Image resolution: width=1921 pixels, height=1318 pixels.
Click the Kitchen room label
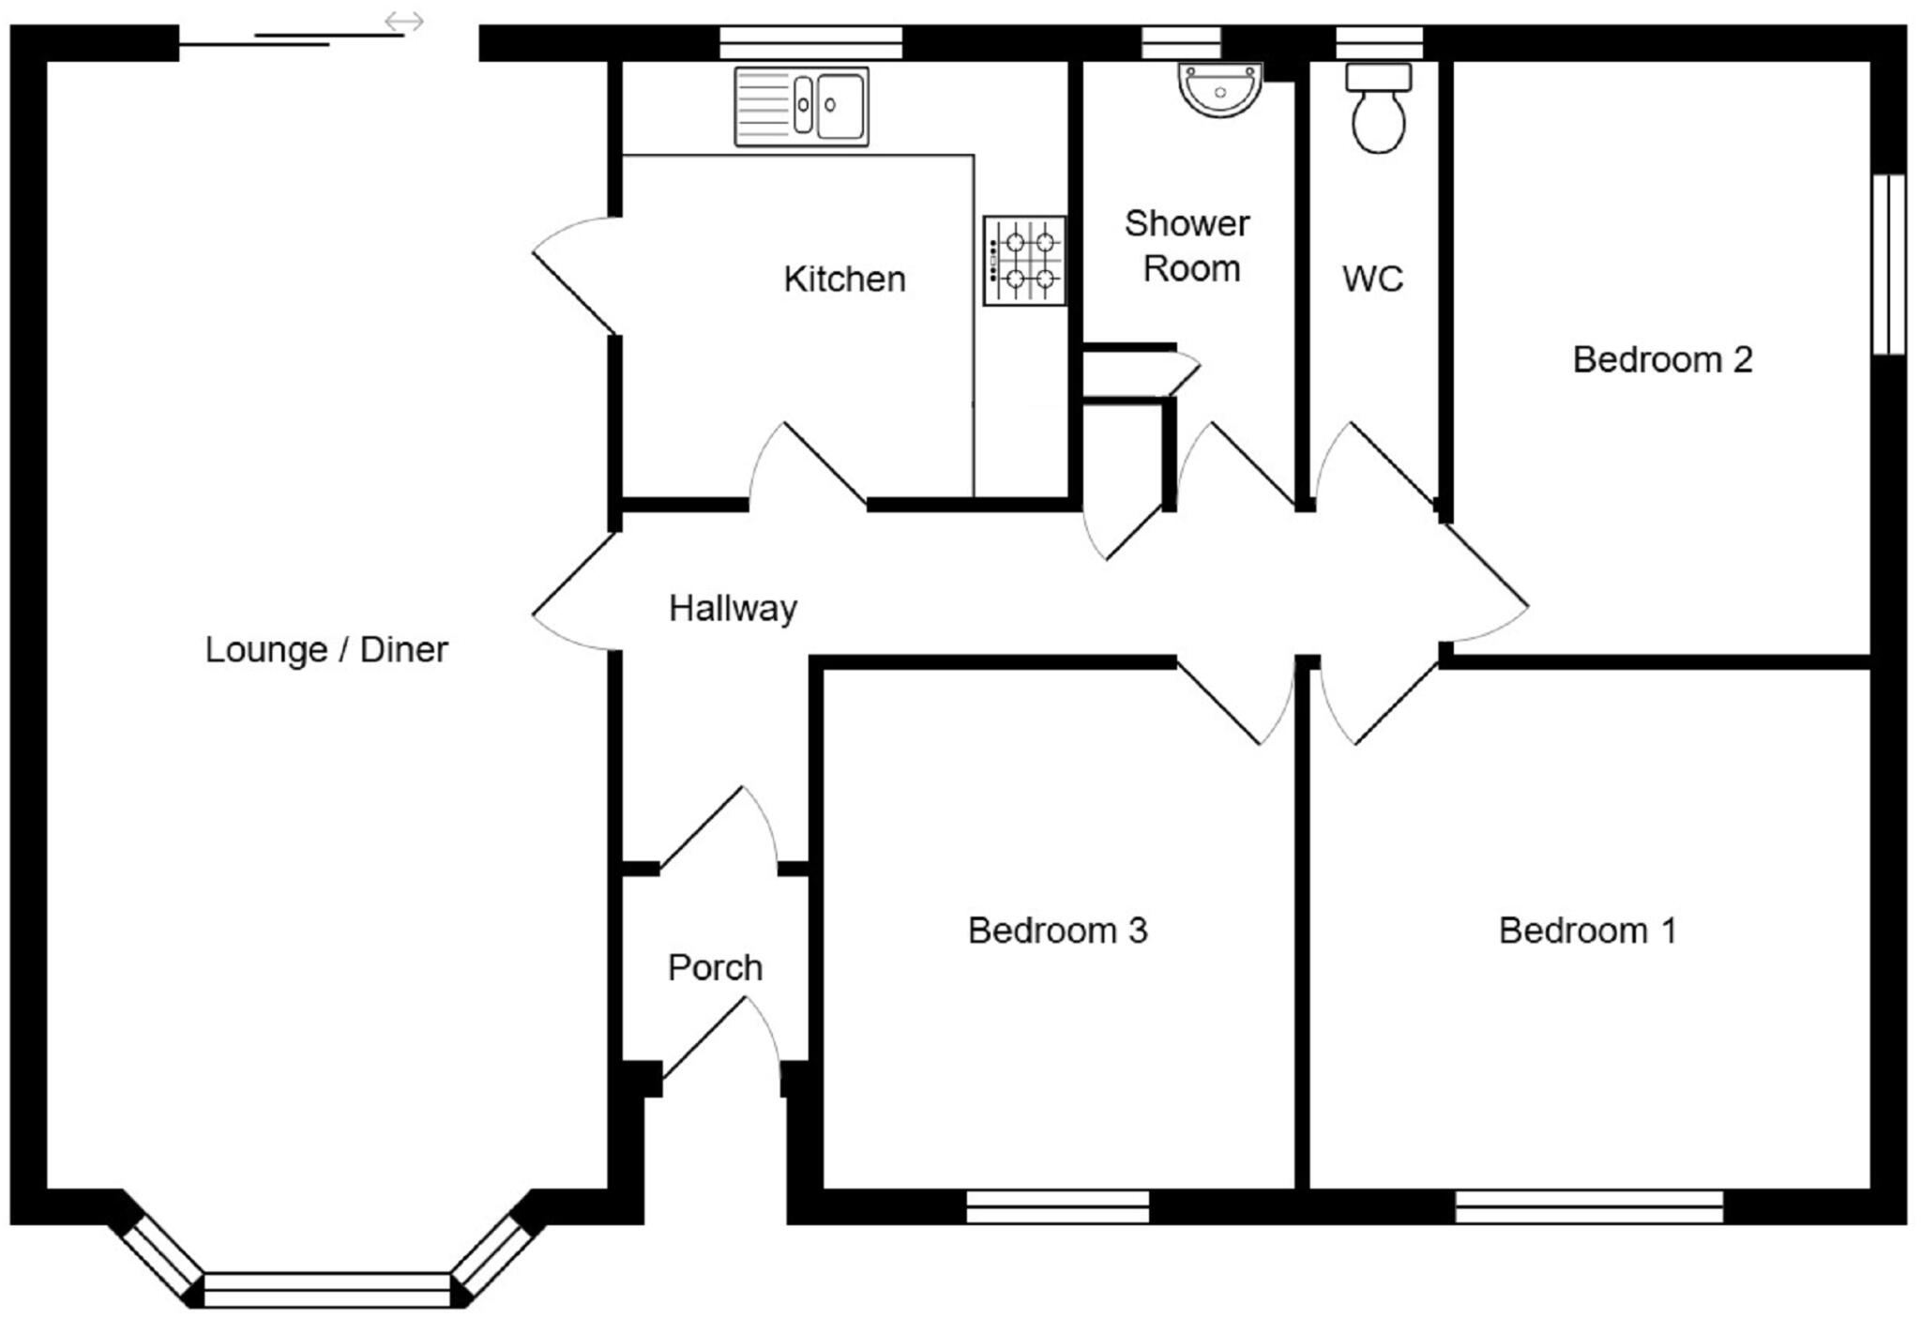click(844, 280)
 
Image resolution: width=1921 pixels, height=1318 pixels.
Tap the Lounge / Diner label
click(326, 649)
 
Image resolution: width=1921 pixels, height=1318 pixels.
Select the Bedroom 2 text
click(1662, 359)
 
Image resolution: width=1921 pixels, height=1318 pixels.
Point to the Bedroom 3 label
click(1057, 931)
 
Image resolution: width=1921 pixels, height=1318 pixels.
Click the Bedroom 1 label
click(1587, 931)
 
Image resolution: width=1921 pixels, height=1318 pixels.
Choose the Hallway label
click(733, 608)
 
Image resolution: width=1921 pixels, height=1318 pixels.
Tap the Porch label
click(715, 967)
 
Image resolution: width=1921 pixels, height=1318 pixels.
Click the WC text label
click(1372, 279)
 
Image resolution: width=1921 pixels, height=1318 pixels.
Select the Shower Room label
click(1188, 246)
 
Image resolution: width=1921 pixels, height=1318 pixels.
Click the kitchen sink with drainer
click(801, 106)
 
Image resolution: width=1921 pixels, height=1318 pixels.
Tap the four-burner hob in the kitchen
click(1024, 261)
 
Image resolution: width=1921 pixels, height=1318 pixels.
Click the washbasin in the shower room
click(1219, 90)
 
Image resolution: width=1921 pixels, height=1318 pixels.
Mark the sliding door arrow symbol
click(404, 21)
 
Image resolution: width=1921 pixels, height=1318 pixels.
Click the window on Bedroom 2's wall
click(1888, 265)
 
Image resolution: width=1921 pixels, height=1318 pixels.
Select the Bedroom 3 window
click(1057, 1206)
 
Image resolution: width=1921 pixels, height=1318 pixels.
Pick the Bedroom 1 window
click(1589, 1206)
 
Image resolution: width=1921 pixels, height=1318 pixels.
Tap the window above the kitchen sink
click(810, 43)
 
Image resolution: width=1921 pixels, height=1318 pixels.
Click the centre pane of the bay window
click(326, 1290)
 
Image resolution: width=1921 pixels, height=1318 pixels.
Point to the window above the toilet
click(1379, 43)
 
